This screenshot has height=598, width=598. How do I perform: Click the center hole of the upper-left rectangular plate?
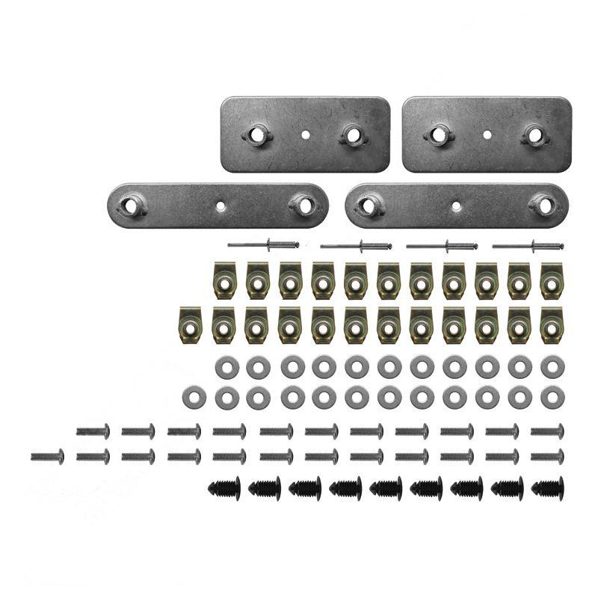[306, 135]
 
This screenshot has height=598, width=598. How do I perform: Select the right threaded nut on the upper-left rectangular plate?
[351, 135]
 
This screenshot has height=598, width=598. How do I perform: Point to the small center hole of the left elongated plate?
[219, 204]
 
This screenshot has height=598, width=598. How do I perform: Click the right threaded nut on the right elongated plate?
[542, 204]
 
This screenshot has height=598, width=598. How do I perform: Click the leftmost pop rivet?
[264, 244]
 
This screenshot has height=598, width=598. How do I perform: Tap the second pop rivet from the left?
[356, 244]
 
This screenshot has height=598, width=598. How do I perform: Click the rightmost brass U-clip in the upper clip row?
[551, 280]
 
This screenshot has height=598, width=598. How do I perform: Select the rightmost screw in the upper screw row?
[547, 431]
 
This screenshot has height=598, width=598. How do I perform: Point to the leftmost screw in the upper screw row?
[93, 431]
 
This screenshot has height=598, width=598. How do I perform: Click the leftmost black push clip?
[224, 488]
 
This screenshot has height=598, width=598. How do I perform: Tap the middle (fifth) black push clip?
[386, 488]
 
